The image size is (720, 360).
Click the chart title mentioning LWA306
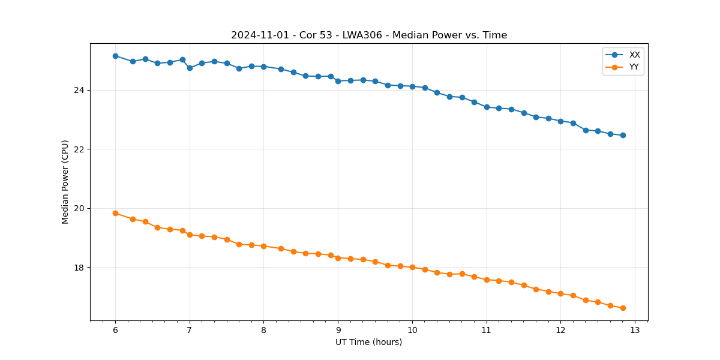(x=369, y=35)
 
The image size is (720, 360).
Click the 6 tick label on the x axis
(x=115, y=330)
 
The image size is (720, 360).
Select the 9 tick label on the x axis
(x=338, y=330)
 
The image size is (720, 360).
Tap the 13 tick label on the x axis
(x=635, y=330)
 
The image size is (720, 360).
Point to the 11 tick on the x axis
(x=487, y=330)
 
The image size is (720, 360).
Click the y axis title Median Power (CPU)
(x=65, y=182)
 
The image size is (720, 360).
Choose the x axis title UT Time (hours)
(x=369, y=342)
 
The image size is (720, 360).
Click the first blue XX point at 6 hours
(x=115, y=56)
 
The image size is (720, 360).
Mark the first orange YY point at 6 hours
(x=115, y=213)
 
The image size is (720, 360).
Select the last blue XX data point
(x=623, y=135)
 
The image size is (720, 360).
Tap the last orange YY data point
(x=623, y=308)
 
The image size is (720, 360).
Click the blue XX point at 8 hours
(x=263, y=67)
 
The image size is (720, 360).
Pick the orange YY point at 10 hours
(x=412, y=267)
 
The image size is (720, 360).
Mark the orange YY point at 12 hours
(x=560, y=293)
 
